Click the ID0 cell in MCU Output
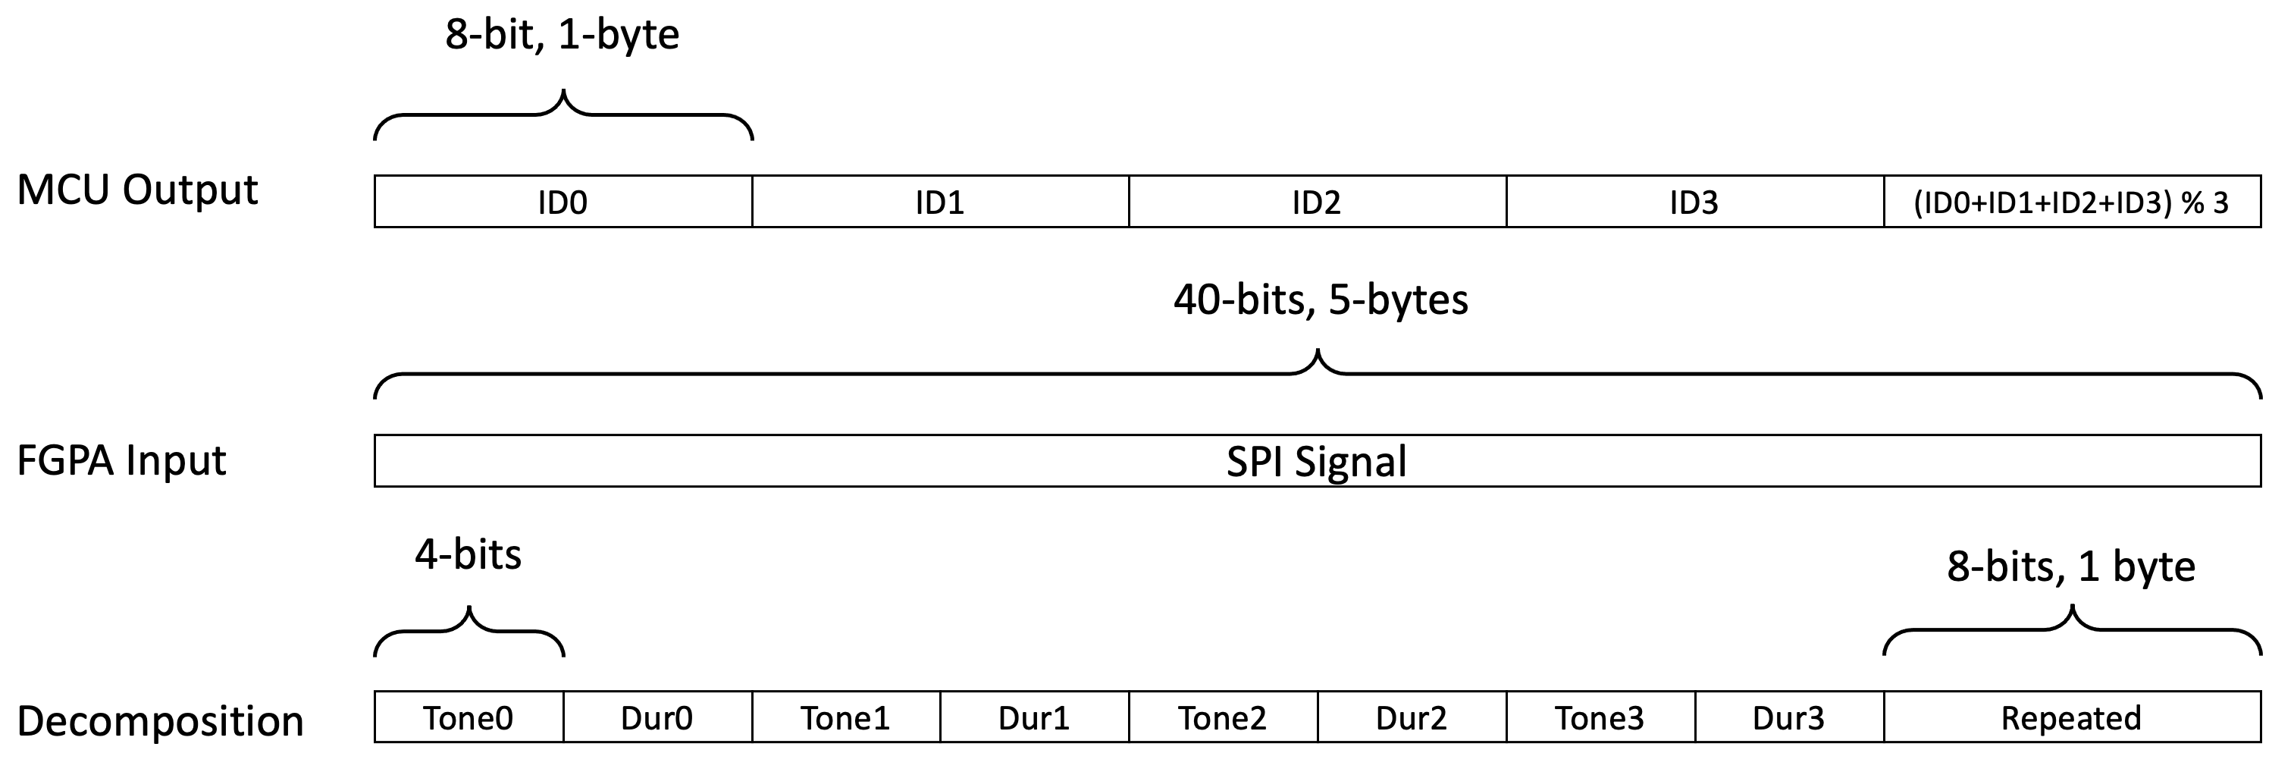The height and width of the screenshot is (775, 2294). pyautogui.click(x=563, y=202)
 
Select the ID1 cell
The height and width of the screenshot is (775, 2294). pyautogui.click(x=940, y=202)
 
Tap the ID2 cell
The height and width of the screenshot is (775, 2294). pyautogui.click(x=1317, y=202)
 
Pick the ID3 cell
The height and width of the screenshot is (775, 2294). pyautogui.click(x=1694, y=202)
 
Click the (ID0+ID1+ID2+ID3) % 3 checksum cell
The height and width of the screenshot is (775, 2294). pyautogui.click(x=2071, y=202)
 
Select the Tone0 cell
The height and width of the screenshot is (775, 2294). pyautogui.click(x=469, y=717)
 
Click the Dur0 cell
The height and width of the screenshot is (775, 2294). pyautogui.click(x=657, y=717)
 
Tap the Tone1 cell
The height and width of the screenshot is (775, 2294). pyautogui.click(x=846, y=717)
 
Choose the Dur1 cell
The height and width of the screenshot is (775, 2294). pyautogui.click(x=1034, y=717)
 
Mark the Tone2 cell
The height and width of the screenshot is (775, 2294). pyautogui.click(x=1223, y=717)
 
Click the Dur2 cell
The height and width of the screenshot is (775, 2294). pyautogui.click(x=1412, y=717)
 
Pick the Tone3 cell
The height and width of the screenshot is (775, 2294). pyautogui.click(x=1600, y=717)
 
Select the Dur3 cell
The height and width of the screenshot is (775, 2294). pyautogui.click(x=1789, y=717)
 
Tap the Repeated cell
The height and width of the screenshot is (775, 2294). pyautogui.click(x=2071, y=717)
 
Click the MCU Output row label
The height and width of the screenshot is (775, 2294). pyautogui.click(x=137, y=190)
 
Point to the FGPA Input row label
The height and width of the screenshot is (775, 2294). pyautogui.click(x=122, y=460)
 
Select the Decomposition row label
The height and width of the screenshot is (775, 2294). pyautogui.click(x=160, y=720)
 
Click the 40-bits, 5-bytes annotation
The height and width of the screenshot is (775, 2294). pyautogui.click(x=1321, y=300)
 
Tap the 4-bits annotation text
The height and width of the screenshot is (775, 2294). pyautogui.click(x=469, y=555)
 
